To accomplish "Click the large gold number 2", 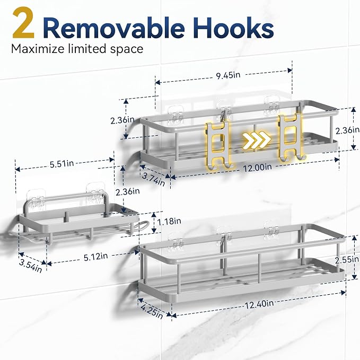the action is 23,23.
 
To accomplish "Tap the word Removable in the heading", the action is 113,28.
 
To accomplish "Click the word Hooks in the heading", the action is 233,28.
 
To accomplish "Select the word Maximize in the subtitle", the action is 38,49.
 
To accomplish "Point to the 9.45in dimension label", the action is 228,75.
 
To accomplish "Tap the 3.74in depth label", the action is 153,179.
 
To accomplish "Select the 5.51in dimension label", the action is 62,164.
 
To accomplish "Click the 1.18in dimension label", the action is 169,221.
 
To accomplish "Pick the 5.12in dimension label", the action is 95,257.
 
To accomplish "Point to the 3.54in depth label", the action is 31,266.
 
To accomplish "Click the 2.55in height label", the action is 347,260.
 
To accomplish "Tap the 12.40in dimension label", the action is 259,305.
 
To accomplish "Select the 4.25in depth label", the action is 152,312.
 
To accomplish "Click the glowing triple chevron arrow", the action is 257,139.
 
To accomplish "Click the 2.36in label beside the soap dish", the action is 127,191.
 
